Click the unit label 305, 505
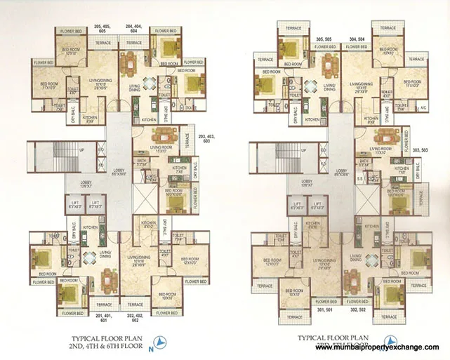[x=324, y=39]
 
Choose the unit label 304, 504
[x=357, y=39]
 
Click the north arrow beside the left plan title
[x=162, y=342]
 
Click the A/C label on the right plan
[x=422, y=107]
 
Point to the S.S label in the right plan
[x=360, y=180]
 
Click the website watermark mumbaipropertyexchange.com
[x=381, y=347]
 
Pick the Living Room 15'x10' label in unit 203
[x=163, y=150]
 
